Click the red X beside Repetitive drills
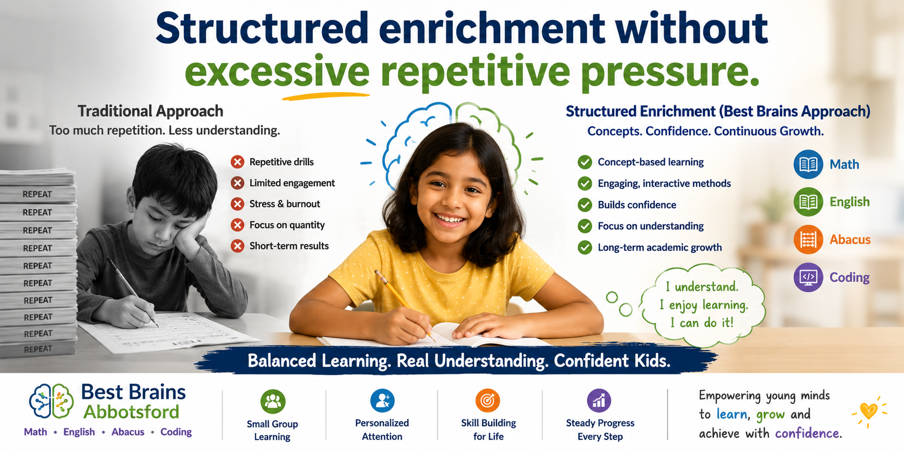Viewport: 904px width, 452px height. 237,162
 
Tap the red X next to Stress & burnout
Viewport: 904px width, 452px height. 237,204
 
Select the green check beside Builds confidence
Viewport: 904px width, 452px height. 584,205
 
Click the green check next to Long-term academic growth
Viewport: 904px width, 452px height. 584,248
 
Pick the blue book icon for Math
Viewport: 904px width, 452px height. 808,164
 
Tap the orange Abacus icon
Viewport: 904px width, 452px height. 808,240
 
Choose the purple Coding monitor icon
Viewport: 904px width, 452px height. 808,277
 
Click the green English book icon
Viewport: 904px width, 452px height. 808,202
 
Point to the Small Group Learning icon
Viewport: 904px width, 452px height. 273,402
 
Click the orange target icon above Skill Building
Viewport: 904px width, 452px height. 488,401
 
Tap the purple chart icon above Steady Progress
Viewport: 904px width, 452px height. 599,401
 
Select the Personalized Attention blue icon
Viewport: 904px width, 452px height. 382,401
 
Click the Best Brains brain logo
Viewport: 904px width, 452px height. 51,402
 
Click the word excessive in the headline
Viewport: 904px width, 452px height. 277,72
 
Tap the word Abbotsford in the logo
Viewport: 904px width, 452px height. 131,412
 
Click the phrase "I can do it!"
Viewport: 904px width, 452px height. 702,323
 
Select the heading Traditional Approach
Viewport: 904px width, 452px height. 150,111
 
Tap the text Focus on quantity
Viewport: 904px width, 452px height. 287,225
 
